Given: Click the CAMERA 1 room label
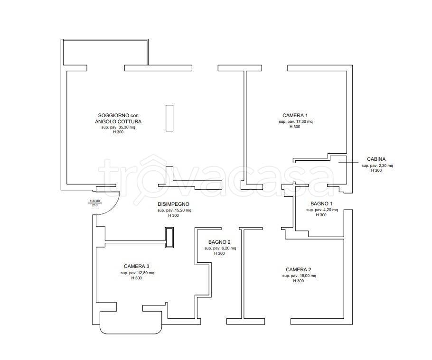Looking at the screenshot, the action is (x=295, y=116).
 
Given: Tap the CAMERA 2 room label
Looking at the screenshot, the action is (x=299, y=270).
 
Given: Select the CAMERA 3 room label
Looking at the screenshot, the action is (x=136, y=267).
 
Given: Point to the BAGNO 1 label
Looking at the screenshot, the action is (x=321, y=204).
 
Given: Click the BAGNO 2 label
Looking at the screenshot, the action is (x=219, y=242).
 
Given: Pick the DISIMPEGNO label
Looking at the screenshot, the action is (x=173, y=204).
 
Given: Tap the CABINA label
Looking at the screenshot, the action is (x=376, y=159).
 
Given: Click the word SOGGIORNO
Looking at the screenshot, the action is (x=113, y=116).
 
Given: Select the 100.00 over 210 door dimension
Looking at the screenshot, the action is (x=94, y=203).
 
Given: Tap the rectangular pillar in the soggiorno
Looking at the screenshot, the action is (x=169, y=118).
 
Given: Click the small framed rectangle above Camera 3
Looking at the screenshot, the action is (x=169, y=238).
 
